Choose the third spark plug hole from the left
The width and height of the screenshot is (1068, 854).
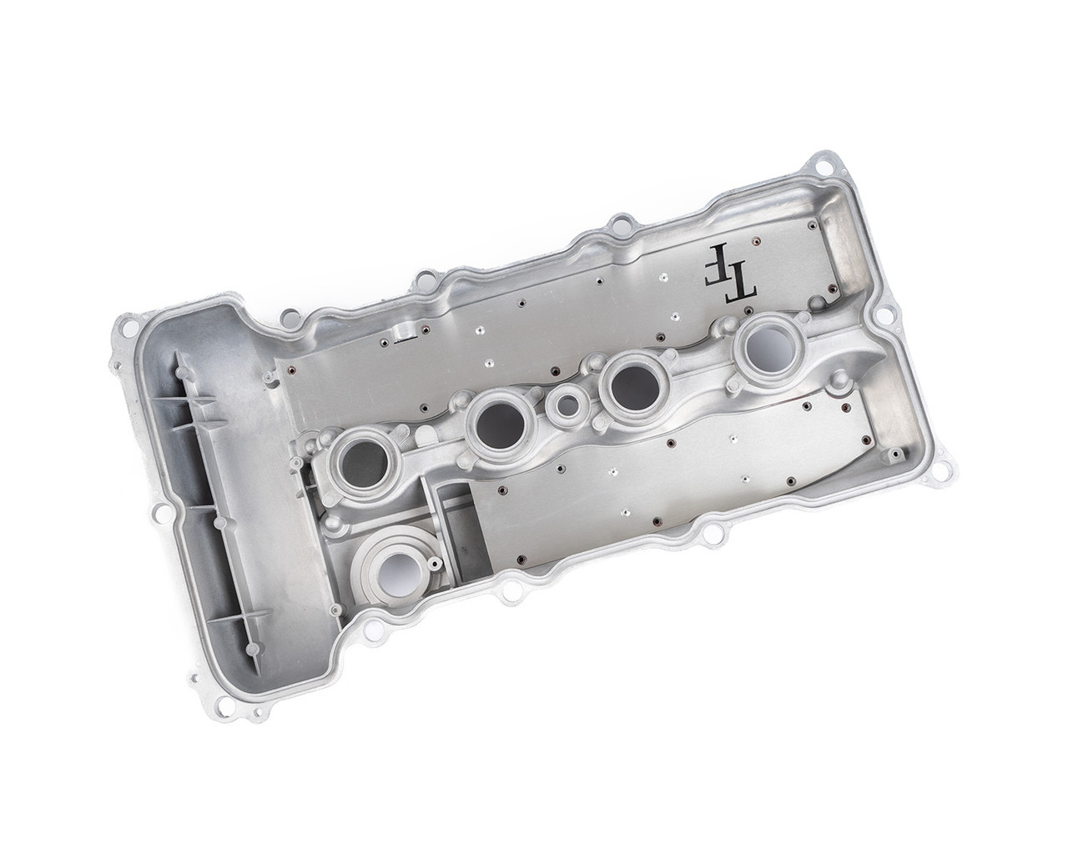coord(634,383)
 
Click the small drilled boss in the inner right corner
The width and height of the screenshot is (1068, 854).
coord(895,455)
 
